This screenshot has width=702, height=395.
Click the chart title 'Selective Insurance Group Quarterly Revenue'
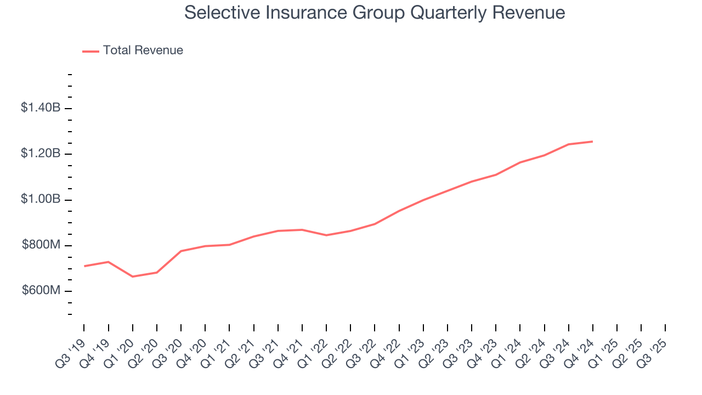pyautogui.click(x=375, y=12)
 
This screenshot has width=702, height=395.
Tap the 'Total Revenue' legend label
pyautogui.click(x=143, y=50)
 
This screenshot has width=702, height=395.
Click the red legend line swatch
pyautogui.click(x=90, y=51)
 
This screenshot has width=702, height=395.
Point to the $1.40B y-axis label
pyautogui.click(x=41, y=108)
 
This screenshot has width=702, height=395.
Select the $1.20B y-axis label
pyautogui.click(x=41, y=154)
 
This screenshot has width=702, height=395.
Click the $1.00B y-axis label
pyautogui.click(x=41, y=199)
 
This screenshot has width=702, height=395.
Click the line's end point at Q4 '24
pyautogui.click(x=592, y=142)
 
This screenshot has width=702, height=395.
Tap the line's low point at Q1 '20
pyautogui.click(x=133, y=276)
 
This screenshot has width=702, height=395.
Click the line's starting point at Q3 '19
pyautogui.click(x=84, y=266)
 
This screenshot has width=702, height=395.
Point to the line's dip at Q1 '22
pyautogui.click(x=326, y=235)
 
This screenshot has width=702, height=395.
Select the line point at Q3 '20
pyautogui.click(x=181, y=251)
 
